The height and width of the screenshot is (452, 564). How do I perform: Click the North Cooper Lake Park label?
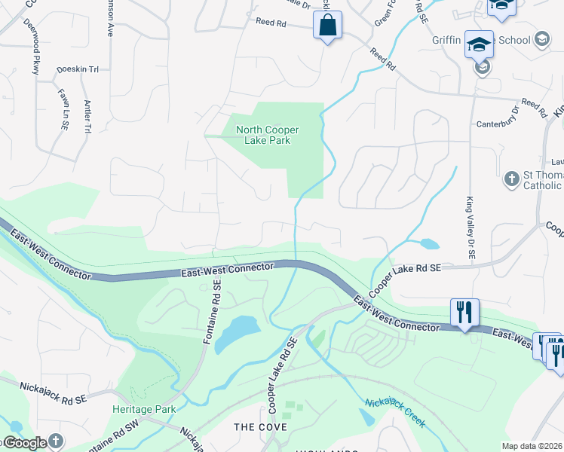262,134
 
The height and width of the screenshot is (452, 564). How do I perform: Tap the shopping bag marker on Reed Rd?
328,26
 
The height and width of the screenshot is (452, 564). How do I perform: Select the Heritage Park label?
144,409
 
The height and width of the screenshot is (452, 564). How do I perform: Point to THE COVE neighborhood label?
260,427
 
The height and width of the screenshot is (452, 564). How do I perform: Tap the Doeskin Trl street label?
78,69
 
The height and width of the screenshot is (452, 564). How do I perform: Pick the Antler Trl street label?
87,117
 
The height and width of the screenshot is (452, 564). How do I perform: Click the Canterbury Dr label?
498,119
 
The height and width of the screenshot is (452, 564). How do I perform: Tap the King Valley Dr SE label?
470,228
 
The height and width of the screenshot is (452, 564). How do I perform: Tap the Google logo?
24,443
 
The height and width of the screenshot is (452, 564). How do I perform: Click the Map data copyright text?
532,446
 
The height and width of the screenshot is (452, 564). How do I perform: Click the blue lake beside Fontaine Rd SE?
237,333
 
